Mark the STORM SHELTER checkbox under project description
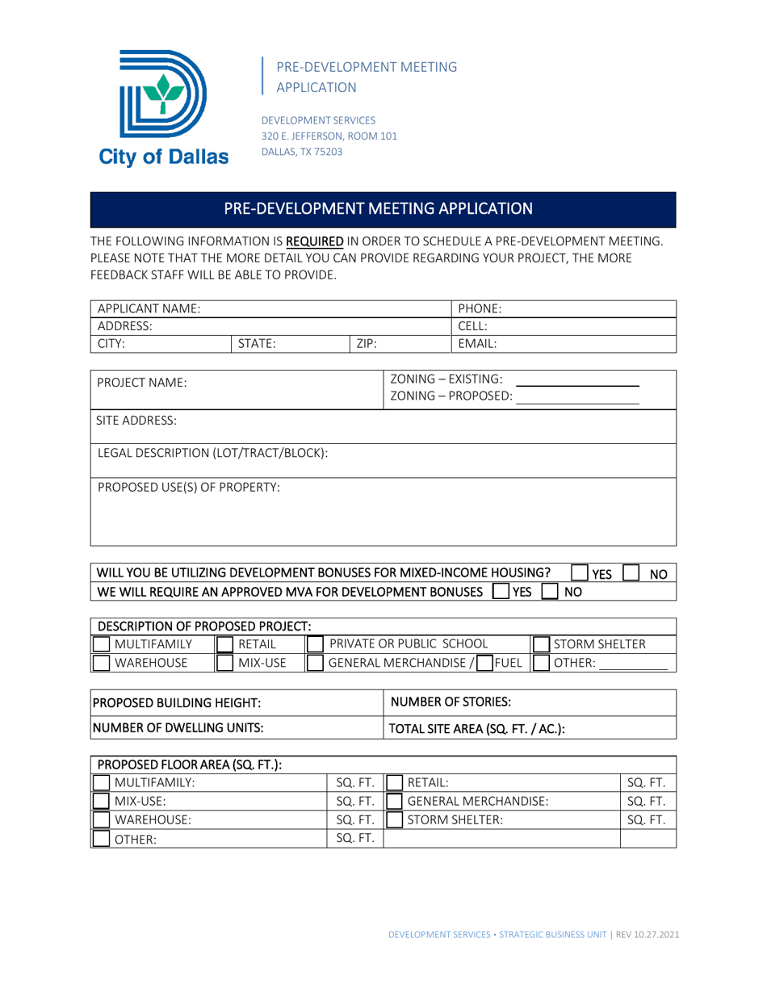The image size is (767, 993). [539, 643]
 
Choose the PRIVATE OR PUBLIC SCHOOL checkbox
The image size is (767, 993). [315, 643]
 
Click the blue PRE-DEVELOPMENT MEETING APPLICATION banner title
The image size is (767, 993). [378, 208]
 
